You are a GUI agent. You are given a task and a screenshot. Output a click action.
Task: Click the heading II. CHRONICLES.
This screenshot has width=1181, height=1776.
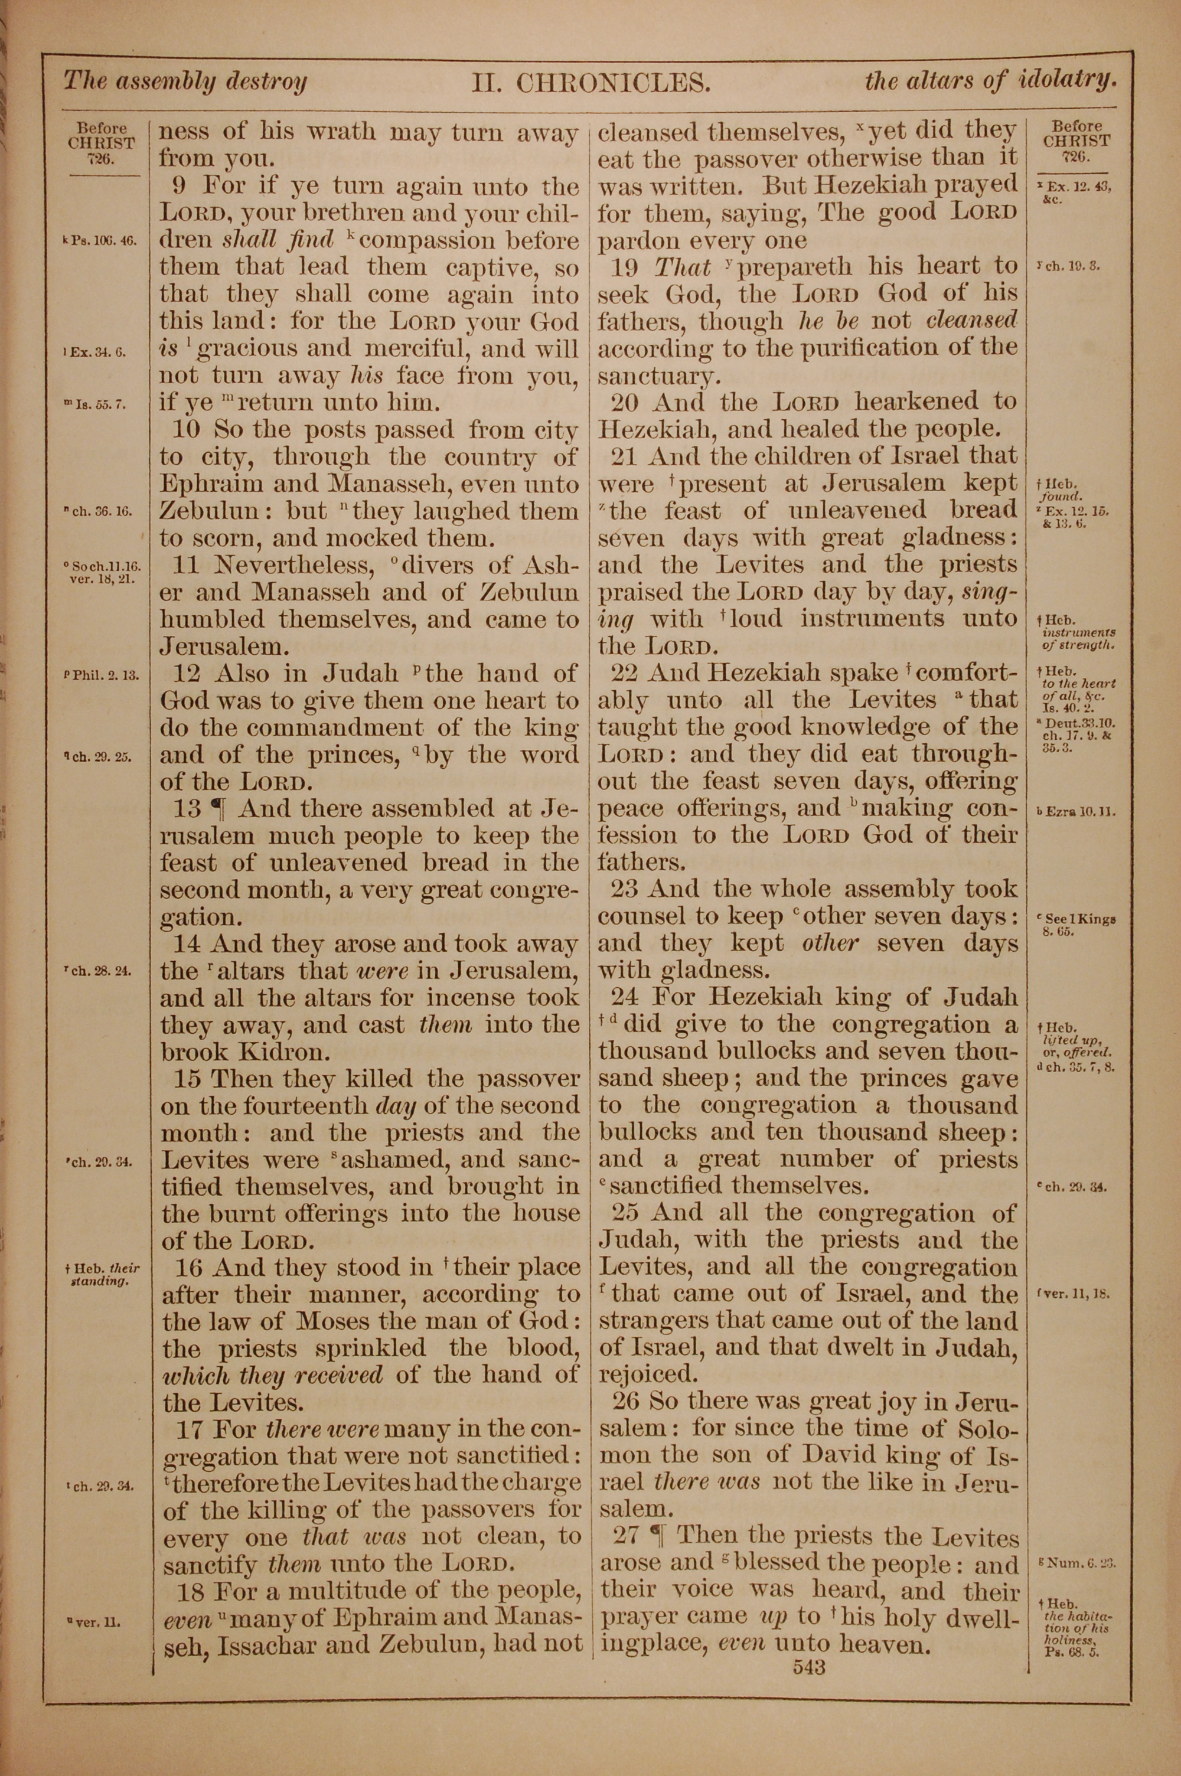coord(590,81)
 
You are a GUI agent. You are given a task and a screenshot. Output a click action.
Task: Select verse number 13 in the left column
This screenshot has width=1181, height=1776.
coord(187,809)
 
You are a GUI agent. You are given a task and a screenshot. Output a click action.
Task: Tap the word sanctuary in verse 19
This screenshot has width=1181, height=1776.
coord(654,375)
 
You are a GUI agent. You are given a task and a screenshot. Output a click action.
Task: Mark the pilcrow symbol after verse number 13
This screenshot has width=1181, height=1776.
coord(218,810)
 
